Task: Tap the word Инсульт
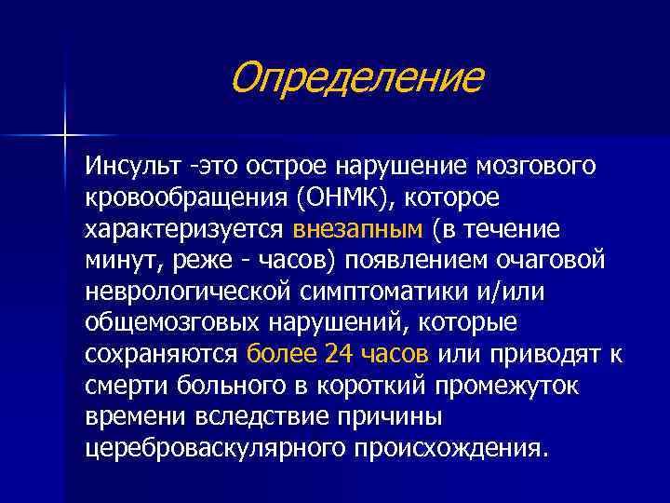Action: [x=133, y=166]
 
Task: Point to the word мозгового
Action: [x=535, y=166]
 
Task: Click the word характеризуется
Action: [x=184, y=229]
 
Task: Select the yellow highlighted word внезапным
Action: [x=358, y=229]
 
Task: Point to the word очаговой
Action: [x=550, y=259]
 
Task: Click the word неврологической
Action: [x=188, y=292]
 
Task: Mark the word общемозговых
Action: [x=172, y=321]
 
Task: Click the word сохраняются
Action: [x=161, y=354]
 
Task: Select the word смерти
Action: [x=127, y=385]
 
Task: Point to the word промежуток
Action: [x=507, y=386]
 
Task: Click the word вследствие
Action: [x=261, y=416]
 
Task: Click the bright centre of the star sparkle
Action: [x=65, y=136]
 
